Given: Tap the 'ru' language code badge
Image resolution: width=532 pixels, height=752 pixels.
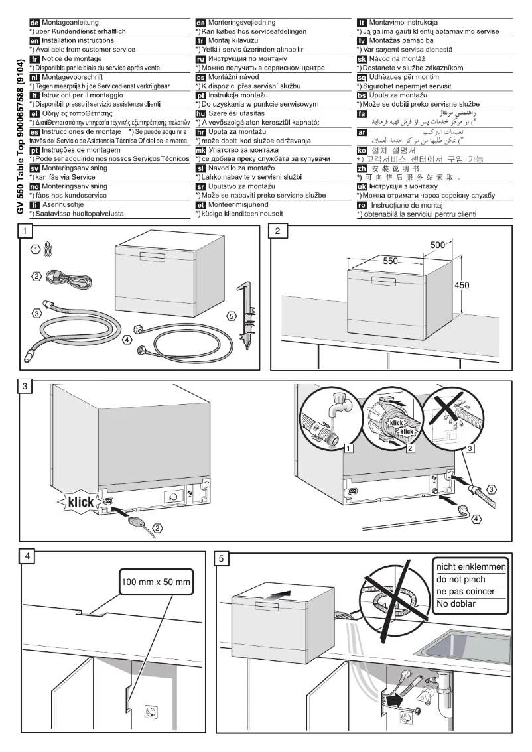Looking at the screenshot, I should click(x=201, y=59).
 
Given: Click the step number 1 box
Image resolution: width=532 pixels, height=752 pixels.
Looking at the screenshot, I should click(x=25, y=231).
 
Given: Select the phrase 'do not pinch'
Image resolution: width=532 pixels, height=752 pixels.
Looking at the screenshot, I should click(x=458, y=579).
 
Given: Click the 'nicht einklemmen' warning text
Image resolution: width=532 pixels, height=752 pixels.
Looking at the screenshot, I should click(x=471, y=567).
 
